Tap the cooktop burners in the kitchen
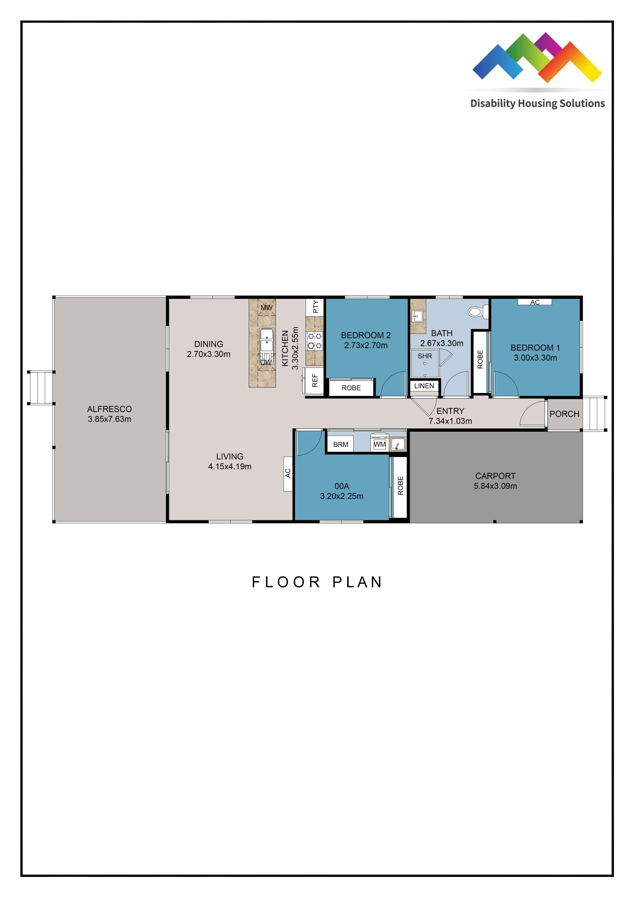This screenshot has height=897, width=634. click(315, 340)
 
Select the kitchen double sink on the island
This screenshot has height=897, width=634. click(267, 339)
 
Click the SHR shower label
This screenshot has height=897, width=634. click(425, 356)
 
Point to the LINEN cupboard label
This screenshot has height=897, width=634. click(424, 386)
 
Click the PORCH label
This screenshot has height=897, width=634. click(564, 414)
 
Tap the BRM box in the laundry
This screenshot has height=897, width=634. click(340, 445)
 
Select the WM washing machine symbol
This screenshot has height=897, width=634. click(379, 444)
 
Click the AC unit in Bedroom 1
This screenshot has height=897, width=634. click(535, 302)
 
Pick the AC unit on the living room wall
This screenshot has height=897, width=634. click(288, 474)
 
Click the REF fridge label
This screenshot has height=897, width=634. click(315, 381)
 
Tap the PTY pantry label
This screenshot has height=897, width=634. click(315, 307)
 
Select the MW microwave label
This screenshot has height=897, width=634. click(266, 308)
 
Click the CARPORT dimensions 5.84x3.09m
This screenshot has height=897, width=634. click(495, 486)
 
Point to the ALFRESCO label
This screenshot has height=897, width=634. click(109, 409)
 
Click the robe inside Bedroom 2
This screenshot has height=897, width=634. click(351, 388)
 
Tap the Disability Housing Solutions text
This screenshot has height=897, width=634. click(537, 103)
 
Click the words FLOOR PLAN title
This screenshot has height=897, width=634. click(317, 582)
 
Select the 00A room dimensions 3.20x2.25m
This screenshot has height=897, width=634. click(342, 496)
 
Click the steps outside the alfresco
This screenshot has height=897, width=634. click(41, 388)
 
